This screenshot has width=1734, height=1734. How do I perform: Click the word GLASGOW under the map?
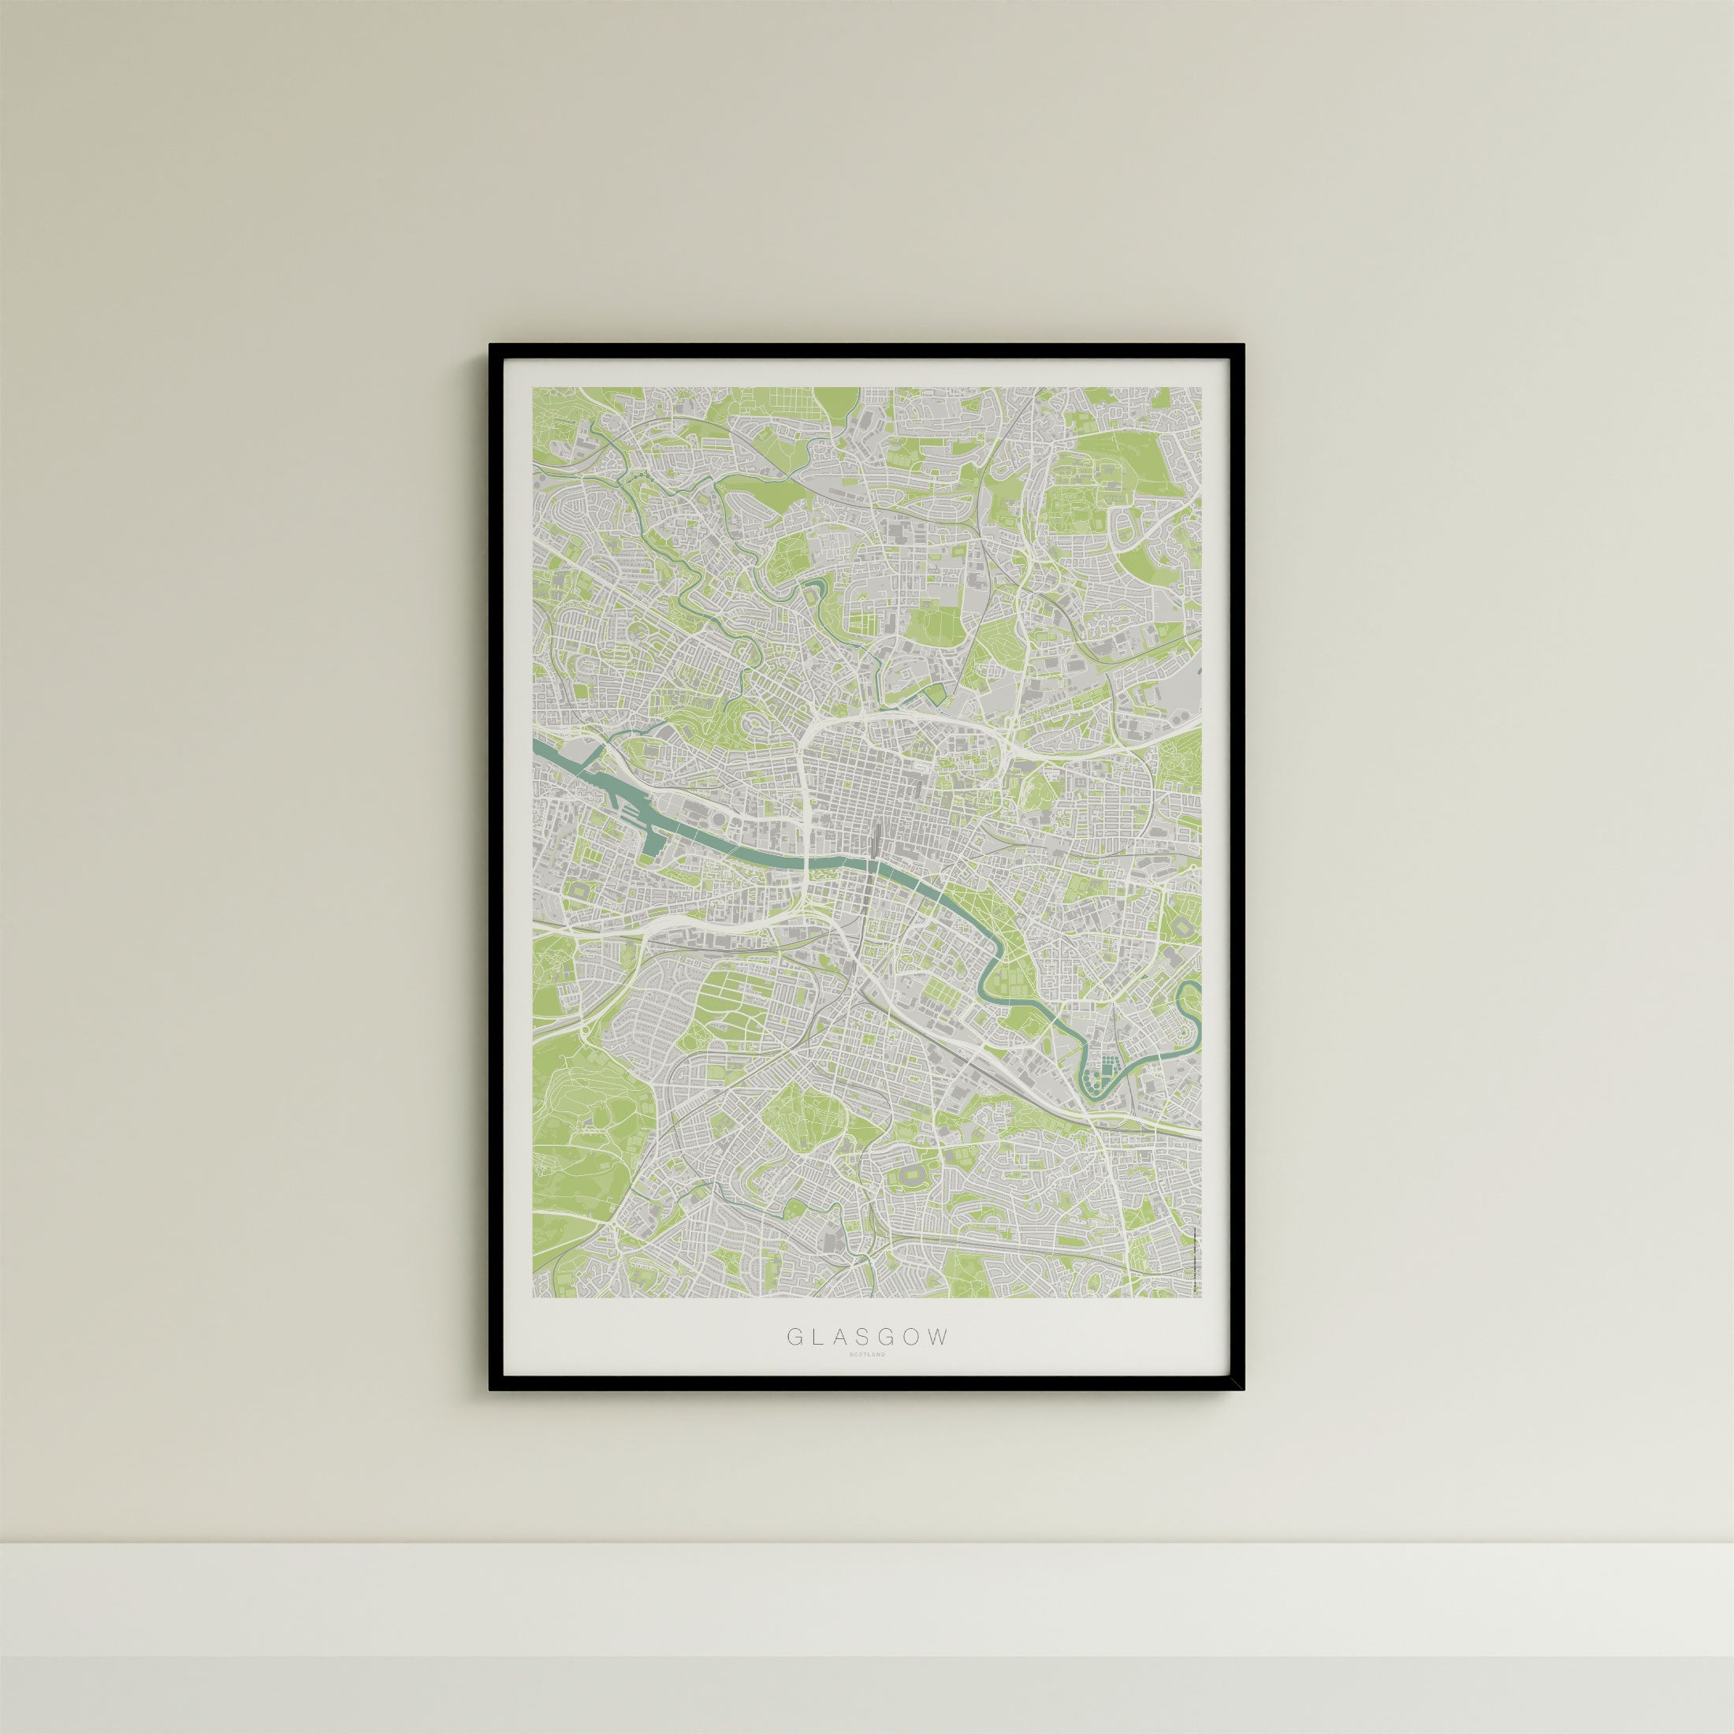click(867, 1361)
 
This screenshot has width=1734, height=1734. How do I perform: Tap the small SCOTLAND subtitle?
click(867, 1379)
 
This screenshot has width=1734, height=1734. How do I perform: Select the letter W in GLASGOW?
click(937, 1361)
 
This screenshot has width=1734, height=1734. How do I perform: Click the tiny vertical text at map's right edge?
click(1196, 1256)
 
